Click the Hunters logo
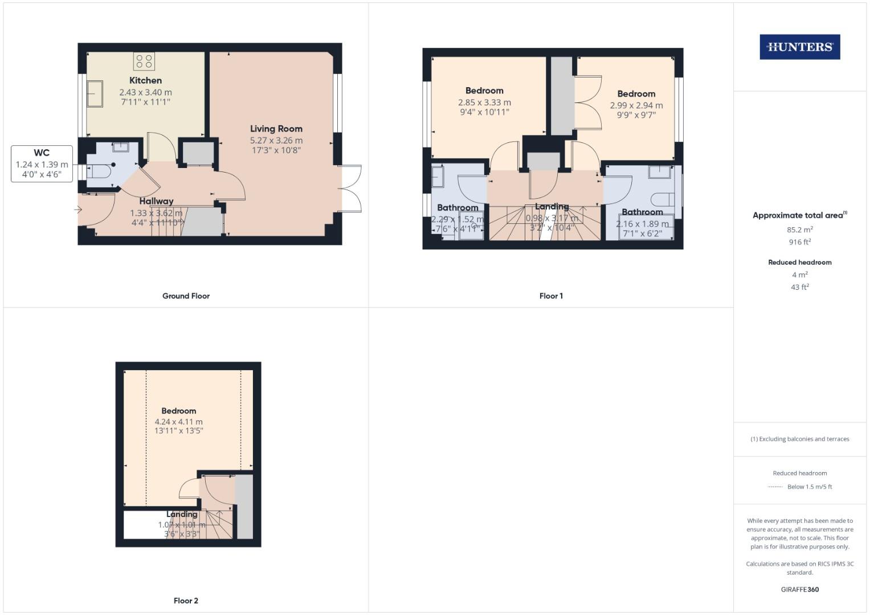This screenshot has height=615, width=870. pos(799,47)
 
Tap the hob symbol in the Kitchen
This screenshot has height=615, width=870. pos(144,61)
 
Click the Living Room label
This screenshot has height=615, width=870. pos(276,129)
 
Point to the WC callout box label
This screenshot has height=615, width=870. pos(42,153)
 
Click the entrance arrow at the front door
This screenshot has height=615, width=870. pos(78,210)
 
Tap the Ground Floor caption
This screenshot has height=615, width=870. pos(186,296)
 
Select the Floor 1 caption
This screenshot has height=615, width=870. pos(551,296)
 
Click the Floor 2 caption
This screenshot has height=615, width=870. pos(186,601)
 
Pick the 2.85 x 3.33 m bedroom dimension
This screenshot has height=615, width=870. pos(484,102)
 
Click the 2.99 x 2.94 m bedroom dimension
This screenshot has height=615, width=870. pos(636,105)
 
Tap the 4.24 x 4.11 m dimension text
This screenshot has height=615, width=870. pos(178,422)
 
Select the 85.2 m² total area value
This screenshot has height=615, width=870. pos(799,229)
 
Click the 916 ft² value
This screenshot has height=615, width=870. pos(799,242)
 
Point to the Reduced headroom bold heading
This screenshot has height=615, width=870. pos(799,263)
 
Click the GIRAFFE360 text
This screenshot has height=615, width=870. pos(799,589)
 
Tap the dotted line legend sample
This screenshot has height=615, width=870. pos(775,487)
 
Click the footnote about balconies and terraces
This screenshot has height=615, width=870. pos(799,439)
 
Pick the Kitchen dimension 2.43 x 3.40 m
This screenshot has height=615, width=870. pos(145,92)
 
